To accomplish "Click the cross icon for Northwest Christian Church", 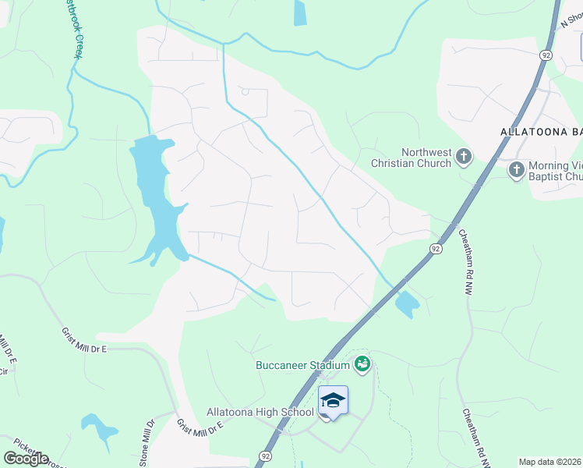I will coord(464,156).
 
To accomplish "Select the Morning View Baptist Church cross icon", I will coord(516,169).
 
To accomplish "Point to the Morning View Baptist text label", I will coord(555,171).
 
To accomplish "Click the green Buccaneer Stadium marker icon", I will coord(362,363).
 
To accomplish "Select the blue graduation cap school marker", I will coord(333,401).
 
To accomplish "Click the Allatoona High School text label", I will coord(260,412).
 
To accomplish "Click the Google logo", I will coord(26,458).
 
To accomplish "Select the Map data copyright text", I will coord(550,462).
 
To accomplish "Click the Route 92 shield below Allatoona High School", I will coord(266,456).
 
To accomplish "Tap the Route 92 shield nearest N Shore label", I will coord(546,55).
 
